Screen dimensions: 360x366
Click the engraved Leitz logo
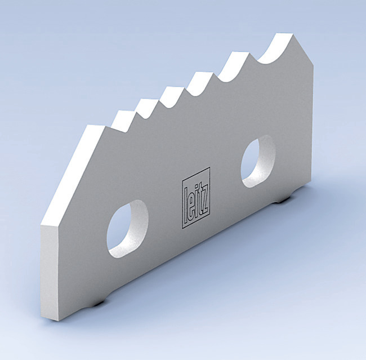click(x=196, y=198)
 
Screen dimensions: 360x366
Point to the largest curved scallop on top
click(x=274, y=54)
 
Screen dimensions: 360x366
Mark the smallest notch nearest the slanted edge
click(x=126, y=120)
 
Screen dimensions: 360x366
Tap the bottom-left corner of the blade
click(x=59, y=320)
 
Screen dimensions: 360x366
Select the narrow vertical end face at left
click(x=50, y=270)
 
